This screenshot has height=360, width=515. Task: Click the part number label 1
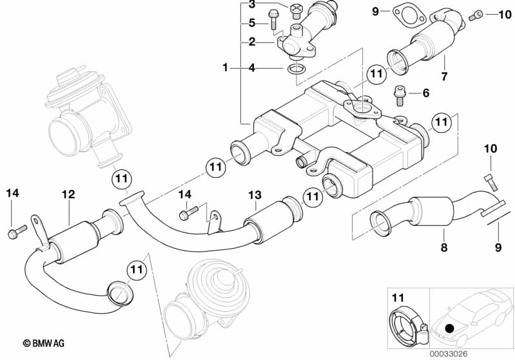(x=225, y=68)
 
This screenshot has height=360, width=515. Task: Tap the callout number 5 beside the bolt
(x=251, y=23)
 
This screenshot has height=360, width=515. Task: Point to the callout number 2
(x=251, y=42)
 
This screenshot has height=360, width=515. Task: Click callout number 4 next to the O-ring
(x=251, y=68)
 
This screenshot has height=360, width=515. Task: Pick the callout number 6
(x=425, y=93)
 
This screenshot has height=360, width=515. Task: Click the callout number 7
(x=444, y=77)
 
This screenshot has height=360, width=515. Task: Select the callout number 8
(x=444, y=247)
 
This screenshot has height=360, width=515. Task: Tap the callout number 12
(x=68, y=194)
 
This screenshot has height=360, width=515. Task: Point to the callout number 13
(x=255, y=195)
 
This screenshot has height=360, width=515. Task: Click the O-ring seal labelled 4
(x=296, y=70)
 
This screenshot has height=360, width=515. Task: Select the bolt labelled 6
(x=400, y=95)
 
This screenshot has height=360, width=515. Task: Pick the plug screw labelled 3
(x=295, y=12)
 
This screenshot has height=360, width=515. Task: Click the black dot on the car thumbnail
(x=449, y=328)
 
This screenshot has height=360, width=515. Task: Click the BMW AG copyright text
(x=44, y=343)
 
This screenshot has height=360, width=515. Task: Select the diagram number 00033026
(x=449, y=354)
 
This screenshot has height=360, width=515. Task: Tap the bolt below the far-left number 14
(x=17, y=231)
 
